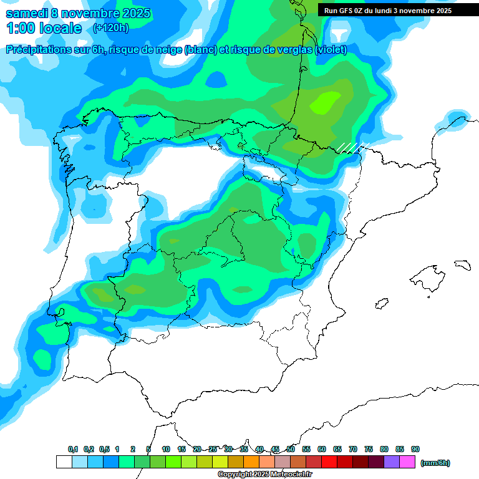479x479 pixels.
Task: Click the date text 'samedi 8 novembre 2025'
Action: pos(78,13)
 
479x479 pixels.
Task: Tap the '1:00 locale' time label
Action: pos(44,28)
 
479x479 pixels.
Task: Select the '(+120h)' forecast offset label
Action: pos(110,28)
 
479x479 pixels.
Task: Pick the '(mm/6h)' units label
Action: pos(435,463)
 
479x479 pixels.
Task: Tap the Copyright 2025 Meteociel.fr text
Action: pos(264,475)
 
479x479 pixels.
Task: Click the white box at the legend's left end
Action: pos(64,462)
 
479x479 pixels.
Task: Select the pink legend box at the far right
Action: pos(407,462)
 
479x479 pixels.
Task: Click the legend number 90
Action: pos(415,449)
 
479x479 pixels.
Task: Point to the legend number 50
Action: pos(291,449)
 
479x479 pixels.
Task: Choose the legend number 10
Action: pos(166,449)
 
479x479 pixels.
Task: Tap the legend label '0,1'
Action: pos(73,449)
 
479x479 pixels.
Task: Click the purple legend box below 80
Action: pos(392,462)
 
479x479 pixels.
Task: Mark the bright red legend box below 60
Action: pos(329,462)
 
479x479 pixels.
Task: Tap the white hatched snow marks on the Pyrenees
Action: pos(352,147)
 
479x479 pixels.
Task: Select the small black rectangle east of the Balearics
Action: pos(462,264)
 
